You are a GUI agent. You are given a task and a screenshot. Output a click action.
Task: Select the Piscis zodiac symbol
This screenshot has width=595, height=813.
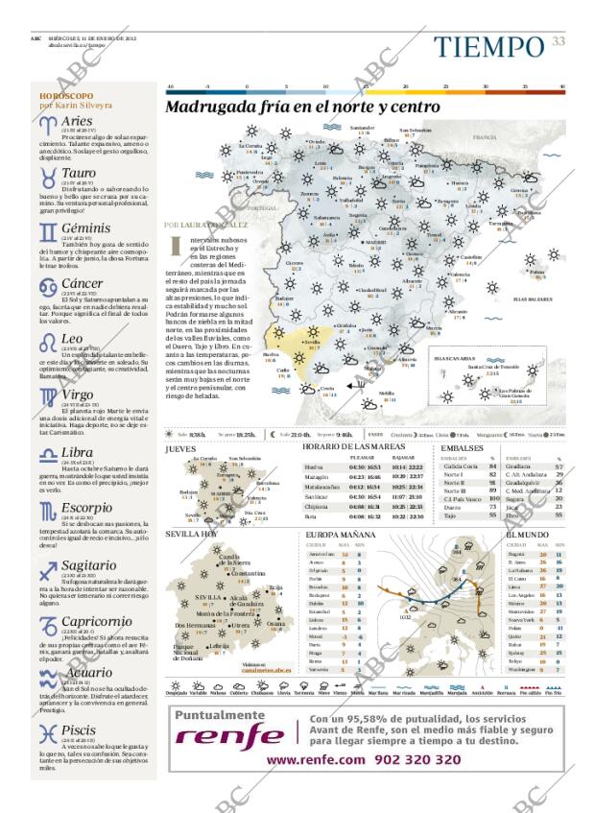tap(48, 736)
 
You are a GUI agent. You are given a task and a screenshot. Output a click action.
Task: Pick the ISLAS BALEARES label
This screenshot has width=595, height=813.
tap(532, 299)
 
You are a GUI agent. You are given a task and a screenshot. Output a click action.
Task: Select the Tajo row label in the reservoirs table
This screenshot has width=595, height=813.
tap(448, 515)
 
